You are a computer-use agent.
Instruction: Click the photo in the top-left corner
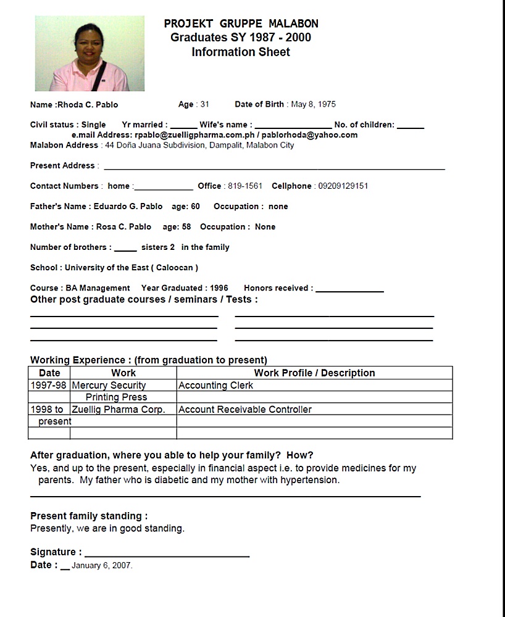click(90, 54)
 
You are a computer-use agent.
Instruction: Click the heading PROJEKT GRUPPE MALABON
click(241, 24)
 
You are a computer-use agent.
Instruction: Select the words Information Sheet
click(241, 52)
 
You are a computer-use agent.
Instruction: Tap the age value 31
click(204, 104)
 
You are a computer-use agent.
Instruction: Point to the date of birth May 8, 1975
click(313, 104)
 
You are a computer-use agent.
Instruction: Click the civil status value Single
click(93, 125)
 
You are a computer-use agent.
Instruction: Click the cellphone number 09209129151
click(343, 186)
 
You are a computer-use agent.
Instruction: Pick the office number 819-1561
click(244, 186)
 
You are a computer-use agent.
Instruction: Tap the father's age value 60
click(195, 206)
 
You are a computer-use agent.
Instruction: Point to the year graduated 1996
click(219, 288)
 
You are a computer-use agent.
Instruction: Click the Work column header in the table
click(123, 373)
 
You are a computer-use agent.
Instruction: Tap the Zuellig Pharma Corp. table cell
click(119, 410)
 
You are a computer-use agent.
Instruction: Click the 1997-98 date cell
click(49, 386)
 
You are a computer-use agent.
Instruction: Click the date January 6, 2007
click(102, 565)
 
